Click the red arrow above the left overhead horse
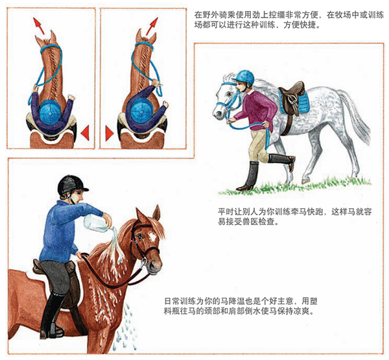coord(39,25)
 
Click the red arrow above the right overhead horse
coord(152,26)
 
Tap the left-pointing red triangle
coord(85,133)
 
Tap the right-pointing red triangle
coord(110,134)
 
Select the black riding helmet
coord(71,184)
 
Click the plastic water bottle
coord(97,223)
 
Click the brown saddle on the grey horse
coord(292,99)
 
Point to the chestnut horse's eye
coord(139,236)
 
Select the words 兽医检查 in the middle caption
coord(259,221)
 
